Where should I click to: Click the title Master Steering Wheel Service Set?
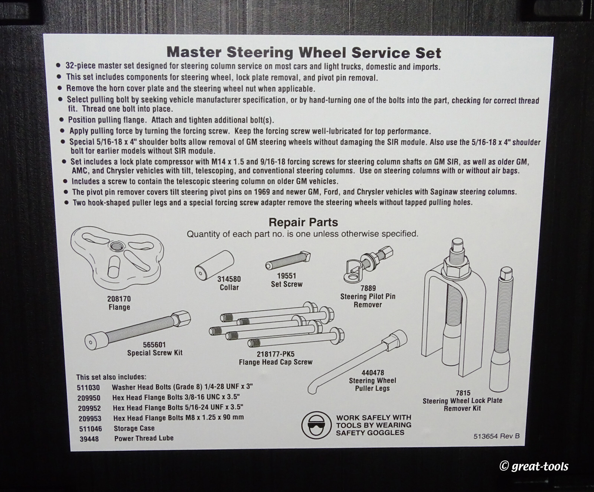pyautogui.click(x=304, y=53)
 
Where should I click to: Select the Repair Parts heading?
pyautogui.click(x=303, y=222)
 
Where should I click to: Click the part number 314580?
pyautogui.click(x=229, y=279)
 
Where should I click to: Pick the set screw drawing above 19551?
pyautogui.click(x=288, y=261)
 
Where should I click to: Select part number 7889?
pyautogui.click(x=368, y=288)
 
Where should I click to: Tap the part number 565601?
pyautogui.click(x=154, y=345)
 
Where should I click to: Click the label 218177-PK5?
pyautogui.click(x=275, y=354)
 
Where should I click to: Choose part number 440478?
pyautogui.click(x=372, y=372)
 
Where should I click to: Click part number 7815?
pyautogui.click(x=463, y=393)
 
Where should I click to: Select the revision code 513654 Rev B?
pyautogui.click(x=496, y=436)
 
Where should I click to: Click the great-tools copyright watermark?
pyautogui.click(x=534, y=466)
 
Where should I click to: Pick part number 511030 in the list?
pyautogui.click(x=88, y=387)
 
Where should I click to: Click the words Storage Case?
pyautogui.click(x=134, y=428)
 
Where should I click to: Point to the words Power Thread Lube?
pyautogui.click(x=144, y=438)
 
